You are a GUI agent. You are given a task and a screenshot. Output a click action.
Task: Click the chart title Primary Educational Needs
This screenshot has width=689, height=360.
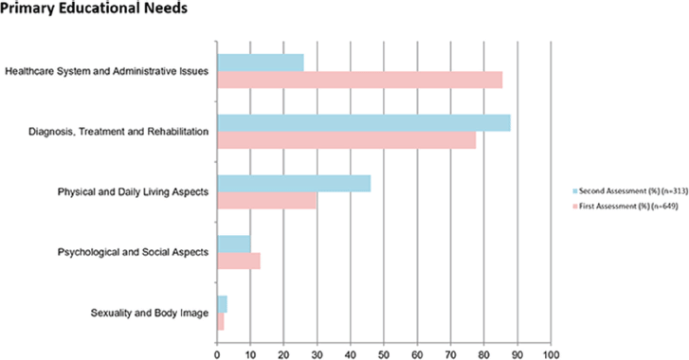pyautogui.click(x=94, y=8)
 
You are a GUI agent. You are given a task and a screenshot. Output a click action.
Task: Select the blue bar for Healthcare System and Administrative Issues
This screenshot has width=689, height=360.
pyautogui.click(x=261, y=63)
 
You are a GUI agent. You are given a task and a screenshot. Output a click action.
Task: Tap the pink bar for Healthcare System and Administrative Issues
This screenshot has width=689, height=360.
pyautogui.click(x=360, y=80)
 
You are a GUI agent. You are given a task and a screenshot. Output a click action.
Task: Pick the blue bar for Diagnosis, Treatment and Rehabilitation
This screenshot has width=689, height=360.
pyautogui.click(x=364, y=123)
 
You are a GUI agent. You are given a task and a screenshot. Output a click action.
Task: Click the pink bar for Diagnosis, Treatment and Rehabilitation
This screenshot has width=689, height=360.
pyautogui.click(x=347, y=140)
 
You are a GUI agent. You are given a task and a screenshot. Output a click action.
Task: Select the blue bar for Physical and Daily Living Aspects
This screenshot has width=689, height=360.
pyautogui.click(x=294, y=184)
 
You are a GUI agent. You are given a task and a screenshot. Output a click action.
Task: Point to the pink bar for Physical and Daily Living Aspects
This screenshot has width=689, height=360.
pyautogui.click(x=266, y=200)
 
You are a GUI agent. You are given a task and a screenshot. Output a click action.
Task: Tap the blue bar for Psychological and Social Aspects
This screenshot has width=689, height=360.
pyautogui.click(x=234, y=244)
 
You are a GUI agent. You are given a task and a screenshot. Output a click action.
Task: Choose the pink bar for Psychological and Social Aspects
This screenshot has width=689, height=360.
pyautogui.click(x=239, y=261)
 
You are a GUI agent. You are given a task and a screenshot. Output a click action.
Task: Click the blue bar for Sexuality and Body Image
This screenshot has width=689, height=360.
pyautogui.click(x=223, y=304)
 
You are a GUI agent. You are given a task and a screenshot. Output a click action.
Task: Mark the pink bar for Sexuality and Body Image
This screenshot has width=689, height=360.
pyautogui.click(x=221, y=321)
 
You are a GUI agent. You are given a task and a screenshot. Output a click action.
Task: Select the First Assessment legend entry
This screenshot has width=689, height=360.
pyautogui.click(x=626, y=206)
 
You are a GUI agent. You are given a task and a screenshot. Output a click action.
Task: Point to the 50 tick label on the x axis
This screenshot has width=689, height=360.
pyautogui.click(x=384, y=354)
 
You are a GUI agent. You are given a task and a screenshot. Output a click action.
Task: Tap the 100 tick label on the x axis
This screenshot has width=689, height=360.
pyautogui.click(x=551, y=354)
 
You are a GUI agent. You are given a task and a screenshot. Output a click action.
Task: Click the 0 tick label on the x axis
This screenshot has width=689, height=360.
pyautogui.click(x=217, y=354)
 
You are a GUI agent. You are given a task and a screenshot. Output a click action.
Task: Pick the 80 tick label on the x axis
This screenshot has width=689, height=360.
pyautogui.click(x=483, y=354)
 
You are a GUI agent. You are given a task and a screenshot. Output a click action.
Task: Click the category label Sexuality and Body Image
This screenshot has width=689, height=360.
pyautogui.click(x=150, y=313)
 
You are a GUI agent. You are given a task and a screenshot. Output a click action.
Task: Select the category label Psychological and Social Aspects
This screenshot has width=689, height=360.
pyautogui.click(x=133, y=252)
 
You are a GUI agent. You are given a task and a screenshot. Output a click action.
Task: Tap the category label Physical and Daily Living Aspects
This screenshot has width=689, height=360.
pyautogui.click(x=133, y=192)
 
